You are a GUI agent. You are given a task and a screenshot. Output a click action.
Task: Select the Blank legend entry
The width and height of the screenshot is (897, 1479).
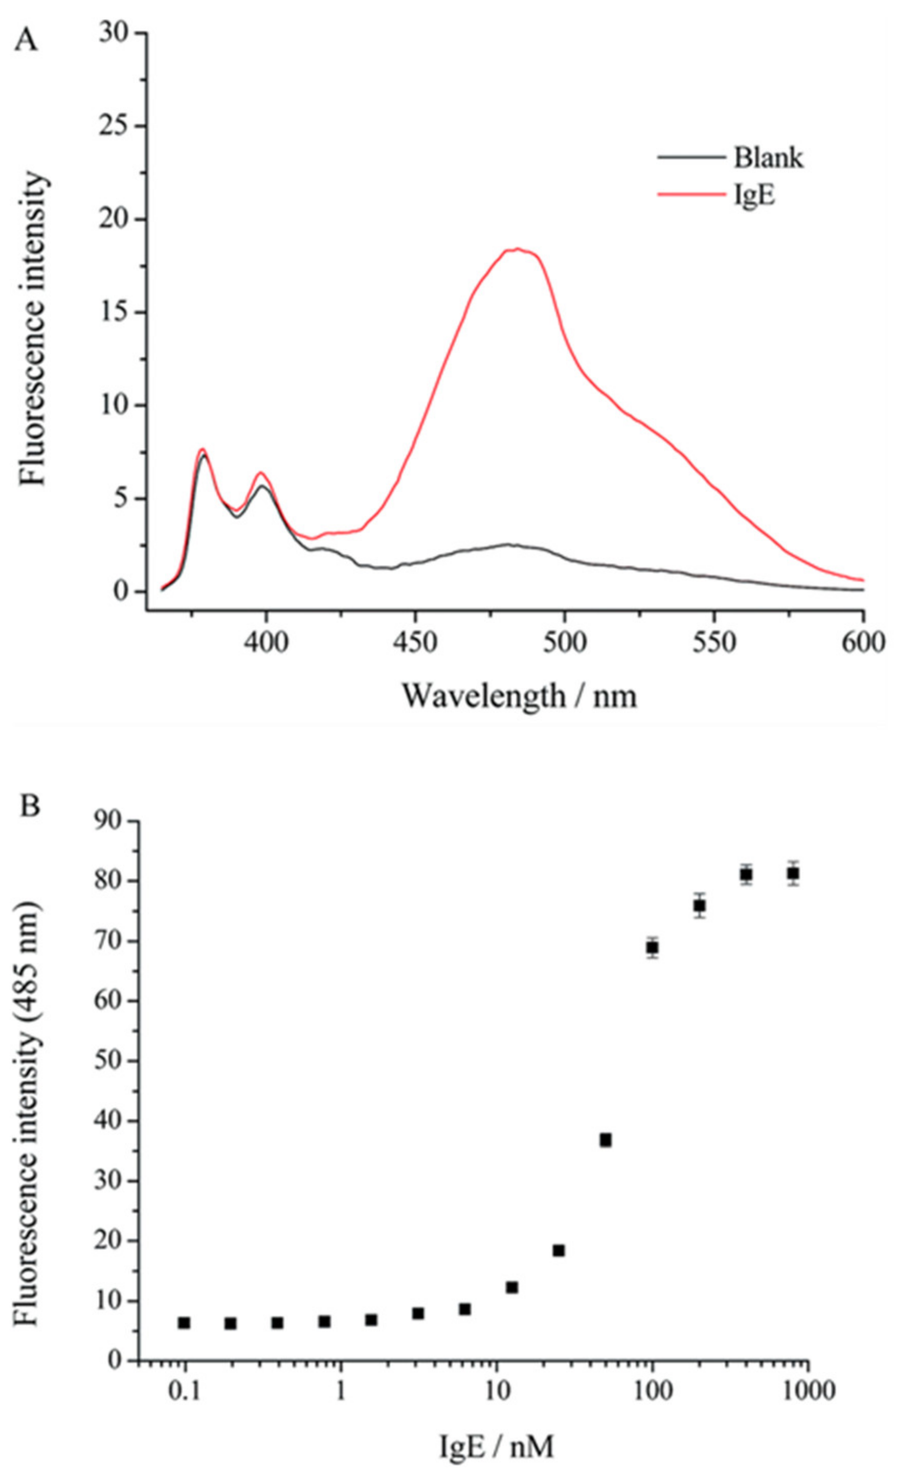click(x=767, y=158)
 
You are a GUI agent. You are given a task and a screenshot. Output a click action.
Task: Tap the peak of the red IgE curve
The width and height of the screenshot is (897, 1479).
click(x=517, y=249)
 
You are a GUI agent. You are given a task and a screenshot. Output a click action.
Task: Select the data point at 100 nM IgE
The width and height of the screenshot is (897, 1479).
click(x=653, y=947)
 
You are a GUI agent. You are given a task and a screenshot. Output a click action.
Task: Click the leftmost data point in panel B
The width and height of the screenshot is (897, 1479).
click(x=184, y=1323)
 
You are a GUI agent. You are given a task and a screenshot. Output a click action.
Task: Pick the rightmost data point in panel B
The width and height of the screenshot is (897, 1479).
click(x=793, y=873)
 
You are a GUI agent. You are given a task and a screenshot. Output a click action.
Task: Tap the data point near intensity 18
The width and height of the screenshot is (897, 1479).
click(x=559, y=1250)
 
